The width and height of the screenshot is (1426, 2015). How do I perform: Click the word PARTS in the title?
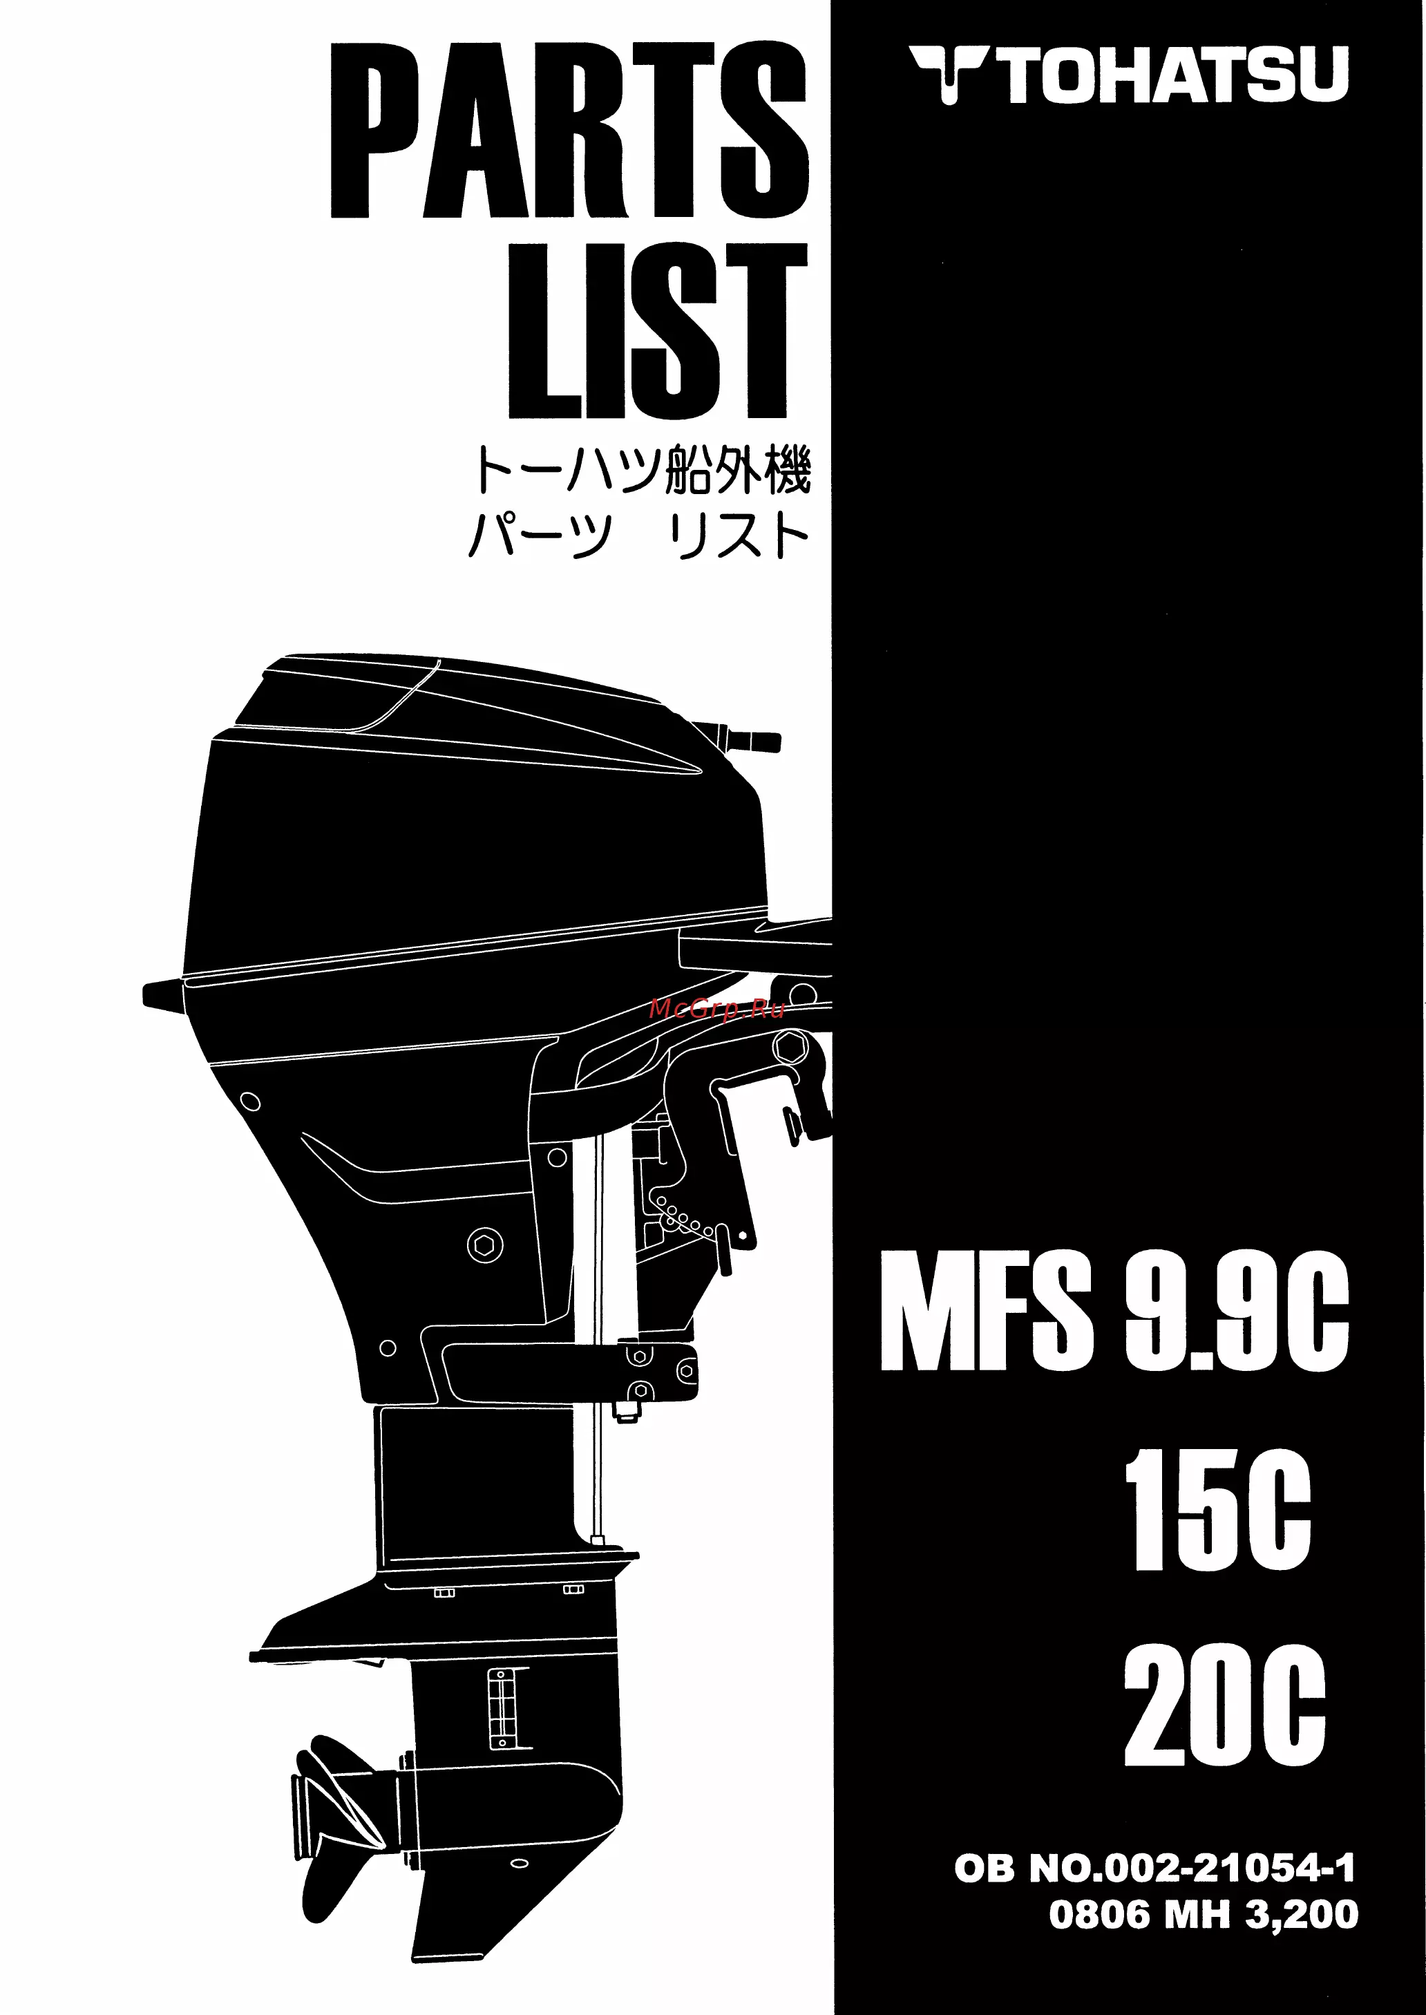click(x=569, y=129)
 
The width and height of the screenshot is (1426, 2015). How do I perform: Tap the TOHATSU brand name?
click(x=1175, y=75)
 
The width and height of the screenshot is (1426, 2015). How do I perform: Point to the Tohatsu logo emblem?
click(x=949, y=75)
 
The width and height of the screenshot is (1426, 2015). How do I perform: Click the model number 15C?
click(x=1218, y=1509)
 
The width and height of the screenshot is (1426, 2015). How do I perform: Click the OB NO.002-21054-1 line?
click(x=1154, y=1869)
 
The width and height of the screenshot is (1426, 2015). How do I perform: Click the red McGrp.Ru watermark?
click(x=716, y=1010)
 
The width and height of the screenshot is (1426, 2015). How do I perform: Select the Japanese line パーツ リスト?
click(x=639, y=535)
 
